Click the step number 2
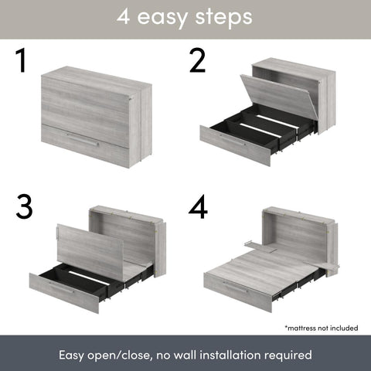198,61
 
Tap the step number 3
26,206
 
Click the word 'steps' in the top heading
222,18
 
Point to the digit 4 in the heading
124,18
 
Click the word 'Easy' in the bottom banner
74,356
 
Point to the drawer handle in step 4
237,286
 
